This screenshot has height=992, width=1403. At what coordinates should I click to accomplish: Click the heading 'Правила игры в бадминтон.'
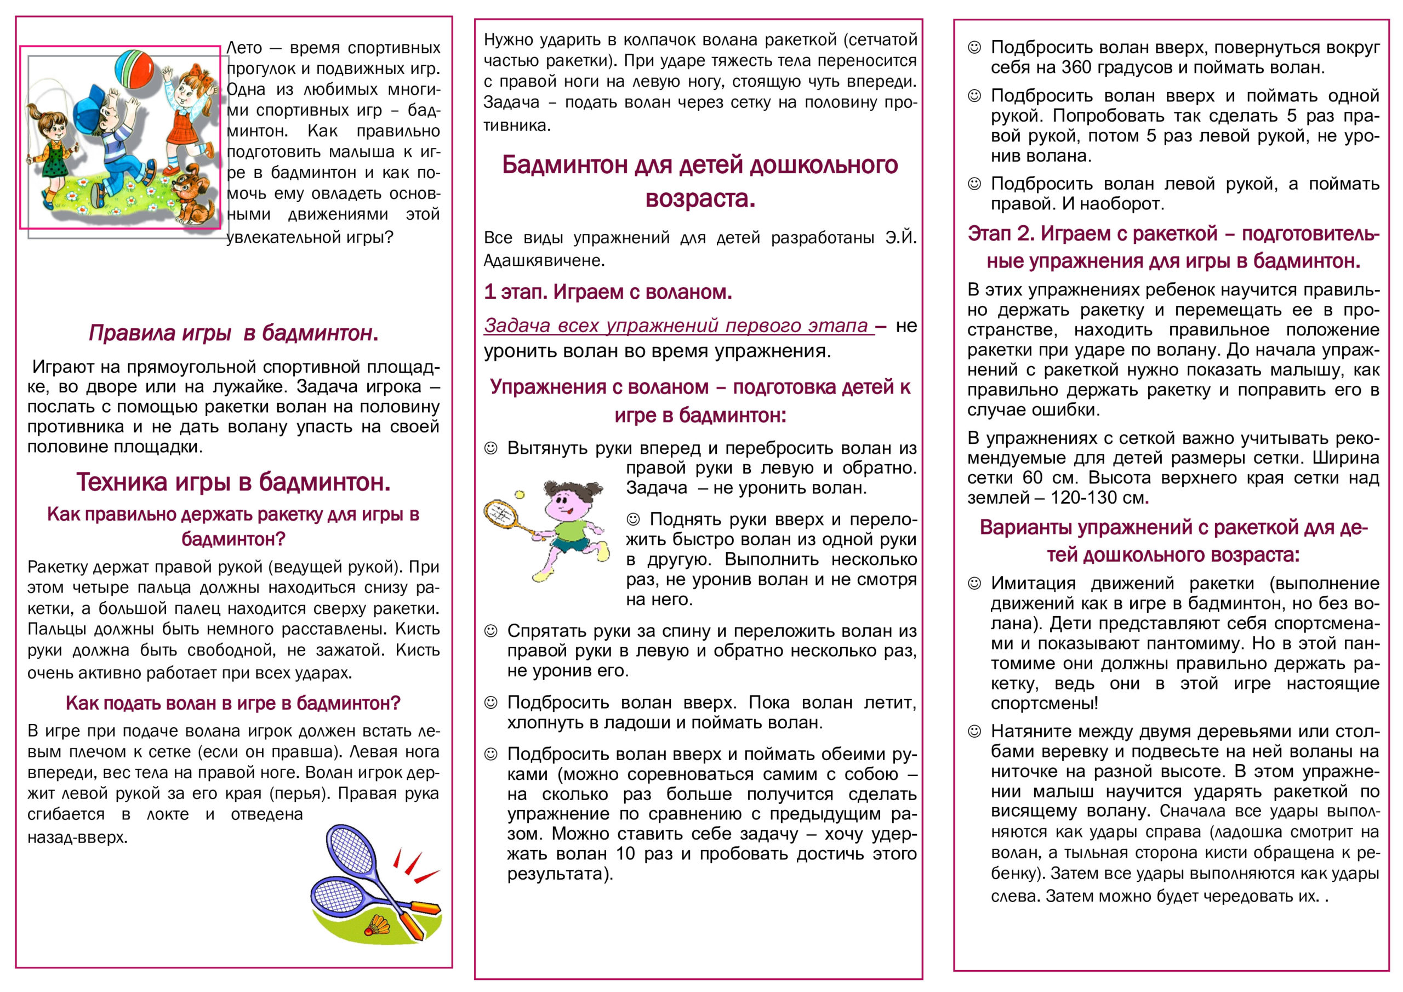click(233, 333)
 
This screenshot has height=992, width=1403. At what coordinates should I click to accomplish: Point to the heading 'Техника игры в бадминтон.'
click(233, 482)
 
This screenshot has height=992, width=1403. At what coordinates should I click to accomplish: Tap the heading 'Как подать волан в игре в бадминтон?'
click(233, 703)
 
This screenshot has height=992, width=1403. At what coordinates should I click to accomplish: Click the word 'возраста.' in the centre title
click(700, 198)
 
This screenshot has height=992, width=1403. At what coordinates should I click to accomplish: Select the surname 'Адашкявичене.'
click(544, 260)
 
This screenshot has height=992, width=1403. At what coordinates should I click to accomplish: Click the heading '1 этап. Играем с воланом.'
click(607, 292)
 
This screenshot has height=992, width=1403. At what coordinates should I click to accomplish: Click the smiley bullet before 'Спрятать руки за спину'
click(491, 631)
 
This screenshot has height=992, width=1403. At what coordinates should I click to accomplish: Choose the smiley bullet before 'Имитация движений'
click(974, 584)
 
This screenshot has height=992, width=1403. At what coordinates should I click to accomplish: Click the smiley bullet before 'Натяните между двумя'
click(974, 732)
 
